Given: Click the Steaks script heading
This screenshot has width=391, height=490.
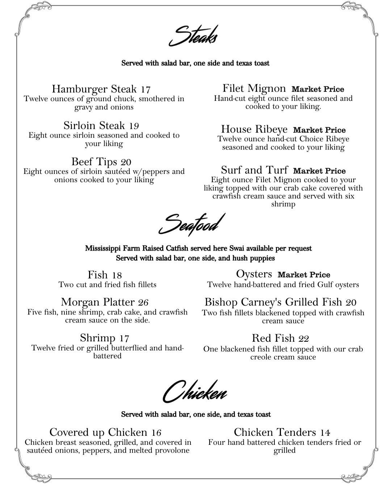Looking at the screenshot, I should point(194,36).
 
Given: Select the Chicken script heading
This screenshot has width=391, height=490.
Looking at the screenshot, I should point(195,392).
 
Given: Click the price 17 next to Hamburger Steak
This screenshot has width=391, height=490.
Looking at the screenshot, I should point(146,89).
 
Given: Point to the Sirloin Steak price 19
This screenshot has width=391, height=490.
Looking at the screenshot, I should point(134,126).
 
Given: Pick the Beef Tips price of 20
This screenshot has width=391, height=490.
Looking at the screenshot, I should point(126,162).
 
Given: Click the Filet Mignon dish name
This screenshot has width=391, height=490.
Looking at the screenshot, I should point(254,88).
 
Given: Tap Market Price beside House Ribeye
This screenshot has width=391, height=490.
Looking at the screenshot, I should point(319,130).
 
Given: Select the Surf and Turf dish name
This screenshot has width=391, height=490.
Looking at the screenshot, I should point(255,170).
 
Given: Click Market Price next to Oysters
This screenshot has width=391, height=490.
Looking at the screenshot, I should point(304,275).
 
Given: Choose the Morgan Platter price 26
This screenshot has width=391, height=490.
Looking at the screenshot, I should point(143,302).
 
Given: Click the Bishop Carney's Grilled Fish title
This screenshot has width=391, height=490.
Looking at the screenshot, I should point(273,302).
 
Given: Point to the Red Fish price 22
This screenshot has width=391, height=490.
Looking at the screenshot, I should point(303,339).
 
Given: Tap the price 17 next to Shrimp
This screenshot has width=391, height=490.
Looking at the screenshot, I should point(124,338).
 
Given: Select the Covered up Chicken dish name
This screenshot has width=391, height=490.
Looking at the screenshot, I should point(98,432).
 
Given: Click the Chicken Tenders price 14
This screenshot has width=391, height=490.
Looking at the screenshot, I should point(325,433).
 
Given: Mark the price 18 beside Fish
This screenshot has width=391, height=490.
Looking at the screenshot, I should point(117,275).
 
